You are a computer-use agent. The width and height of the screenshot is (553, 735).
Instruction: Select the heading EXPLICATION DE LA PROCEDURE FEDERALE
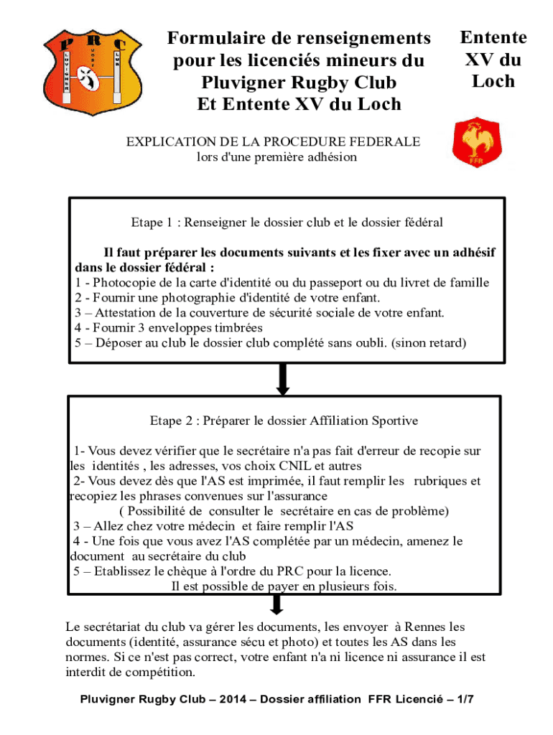274,142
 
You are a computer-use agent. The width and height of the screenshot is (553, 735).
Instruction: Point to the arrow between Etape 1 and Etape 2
283,379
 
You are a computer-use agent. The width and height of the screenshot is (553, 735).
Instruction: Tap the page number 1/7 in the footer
465,699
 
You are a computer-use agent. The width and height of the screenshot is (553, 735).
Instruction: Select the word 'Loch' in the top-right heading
493,81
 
